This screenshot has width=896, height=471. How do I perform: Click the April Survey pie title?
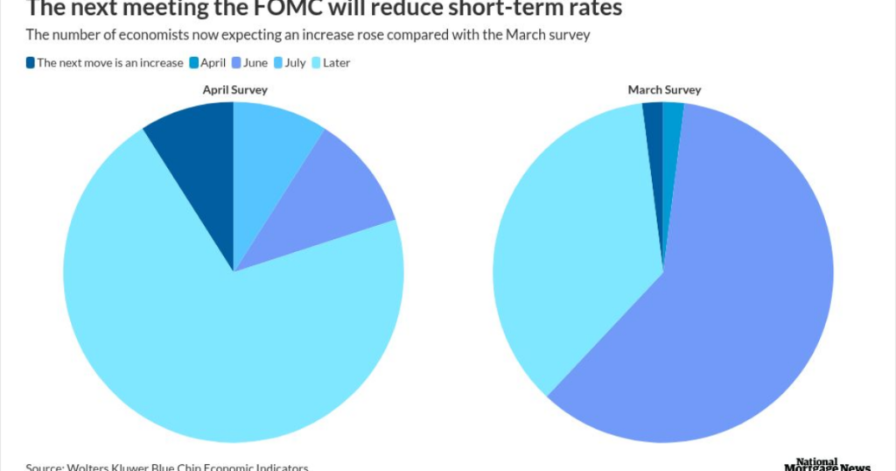tap(234, 90)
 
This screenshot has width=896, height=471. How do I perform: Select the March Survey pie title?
tap(664, 90)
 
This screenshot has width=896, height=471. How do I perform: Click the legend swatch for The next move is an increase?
tap(30, 63)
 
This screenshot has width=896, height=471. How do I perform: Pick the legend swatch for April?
tap(194, 63)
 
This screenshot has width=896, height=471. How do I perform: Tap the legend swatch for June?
tap(237, 63)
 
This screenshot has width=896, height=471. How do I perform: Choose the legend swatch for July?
tap(277, 63)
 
